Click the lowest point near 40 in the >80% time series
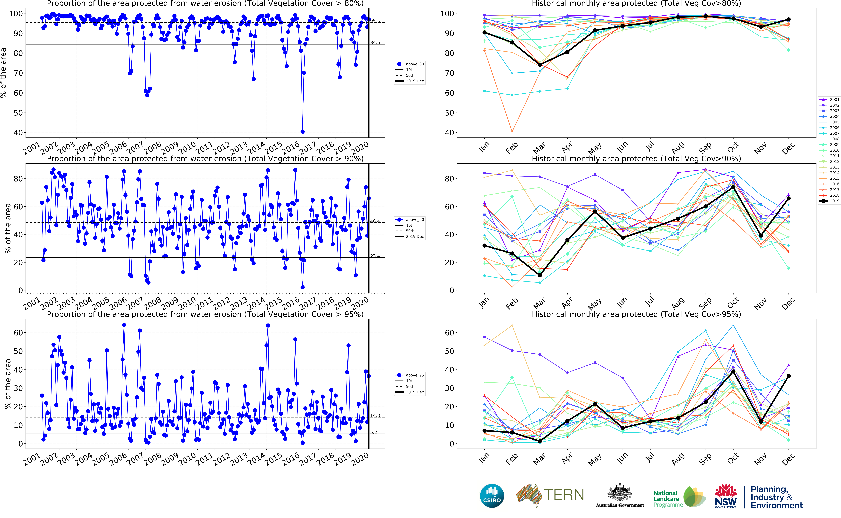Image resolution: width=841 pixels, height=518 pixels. tap(302, 132)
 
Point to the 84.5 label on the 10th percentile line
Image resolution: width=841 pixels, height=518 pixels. tap(375, 43)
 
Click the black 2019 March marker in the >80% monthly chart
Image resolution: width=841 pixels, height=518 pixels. tap(540, 65)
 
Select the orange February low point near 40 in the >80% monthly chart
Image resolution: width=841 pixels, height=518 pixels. tap(512, 132)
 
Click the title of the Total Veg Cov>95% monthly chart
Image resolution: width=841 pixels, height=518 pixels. tap(636, 314)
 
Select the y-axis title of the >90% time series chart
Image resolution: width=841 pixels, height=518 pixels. tap(8, 228)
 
